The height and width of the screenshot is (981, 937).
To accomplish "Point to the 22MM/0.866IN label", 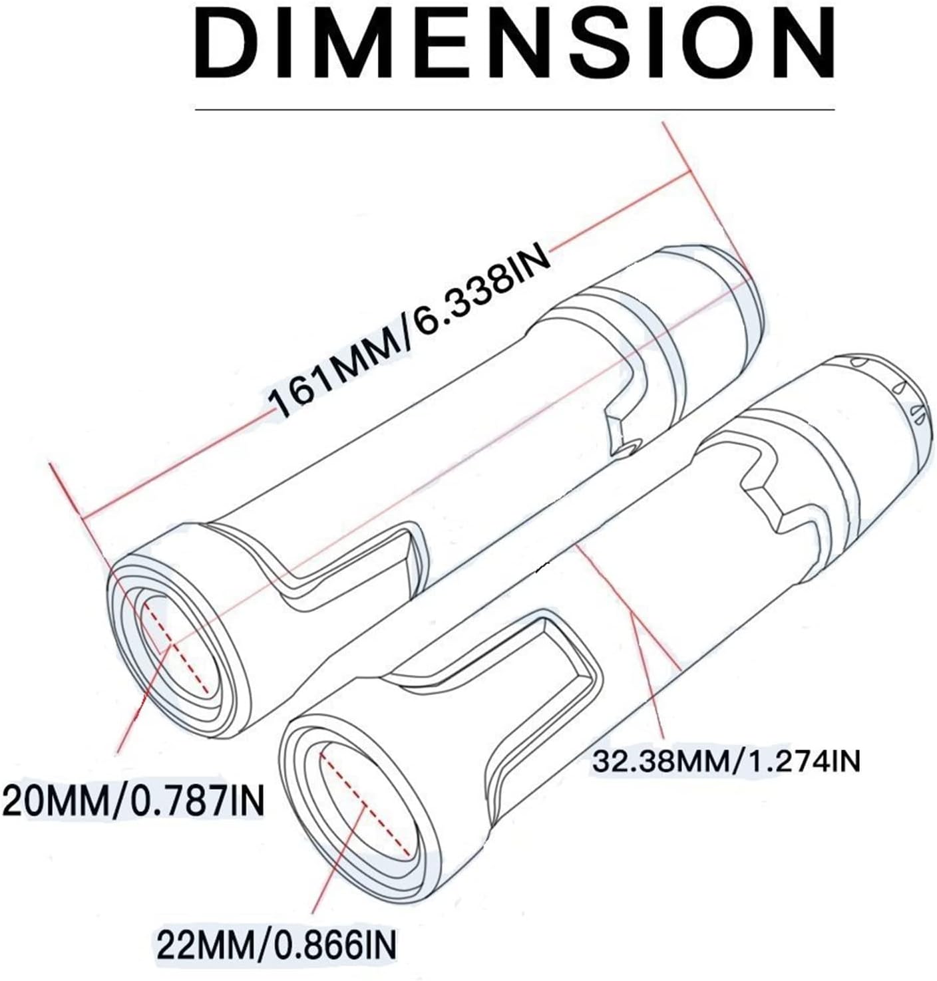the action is pos(276,943).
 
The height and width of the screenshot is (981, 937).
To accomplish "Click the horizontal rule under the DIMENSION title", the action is pos(514,108).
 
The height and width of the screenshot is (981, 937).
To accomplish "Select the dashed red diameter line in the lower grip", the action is pos(365,805).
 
